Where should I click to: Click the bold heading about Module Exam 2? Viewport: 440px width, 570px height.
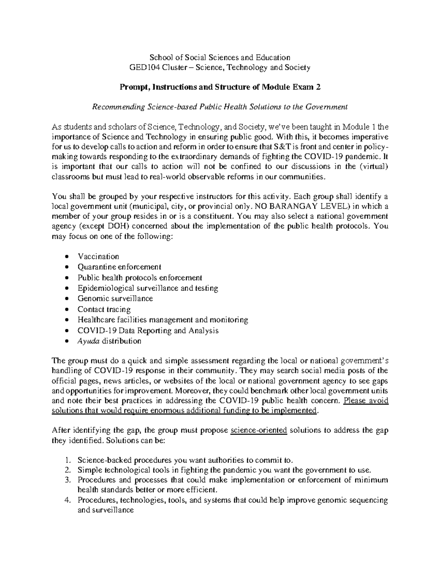pyautogui.click(x=220, y=87)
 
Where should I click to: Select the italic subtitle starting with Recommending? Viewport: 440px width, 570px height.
pyautogui.click(x=220, y=107)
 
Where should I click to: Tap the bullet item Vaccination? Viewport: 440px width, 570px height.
pyautogui.click(x=98, y=257)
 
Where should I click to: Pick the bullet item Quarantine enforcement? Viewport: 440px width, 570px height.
pyautogui.click(x=119, y=267)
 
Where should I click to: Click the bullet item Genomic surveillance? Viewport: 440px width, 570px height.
pyautogui.click(x=115, y=298)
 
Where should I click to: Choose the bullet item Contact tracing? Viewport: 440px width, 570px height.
pyautogui.click(x=104, y=309)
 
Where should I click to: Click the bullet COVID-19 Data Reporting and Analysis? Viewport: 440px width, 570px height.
pyautogui.click(x=148, y=330)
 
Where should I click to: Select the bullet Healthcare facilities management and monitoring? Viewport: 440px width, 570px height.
pyautogui.click(x=163, y=320)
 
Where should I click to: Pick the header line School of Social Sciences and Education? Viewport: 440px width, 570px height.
pyautogui.click(x=219, y=57)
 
